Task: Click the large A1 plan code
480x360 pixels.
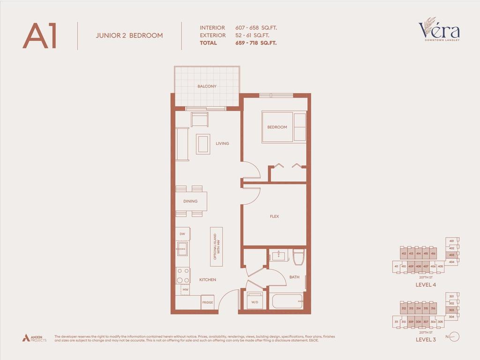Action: pos(40,36)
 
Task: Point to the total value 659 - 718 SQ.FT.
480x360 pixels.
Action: pos(256,43)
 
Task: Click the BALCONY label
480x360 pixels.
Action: pos(207,87)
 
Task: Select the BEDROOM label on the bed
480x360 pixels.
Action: pos(277,127)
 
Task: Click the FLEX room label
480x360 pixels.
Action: pos(274,216)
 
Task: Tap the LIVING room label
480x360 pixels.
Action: pos(222,143)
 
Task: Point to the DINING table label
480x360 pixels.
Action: pos(190,201)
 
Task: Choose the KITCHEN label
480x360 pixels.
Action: pos(208,280)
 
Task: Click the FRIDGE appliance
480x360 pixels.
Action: pos(208,302)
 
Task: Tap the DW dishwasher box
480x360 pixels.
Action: pos(182,233)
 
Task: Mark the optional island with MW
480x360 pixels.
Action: pos(216,247)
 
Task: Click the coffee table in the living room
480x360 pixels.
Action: pos(203,143)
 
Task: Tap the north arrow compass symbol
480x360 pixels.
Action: pos(454,337)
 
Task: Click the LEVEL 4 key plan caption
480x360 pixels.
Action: pos(426,285)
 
